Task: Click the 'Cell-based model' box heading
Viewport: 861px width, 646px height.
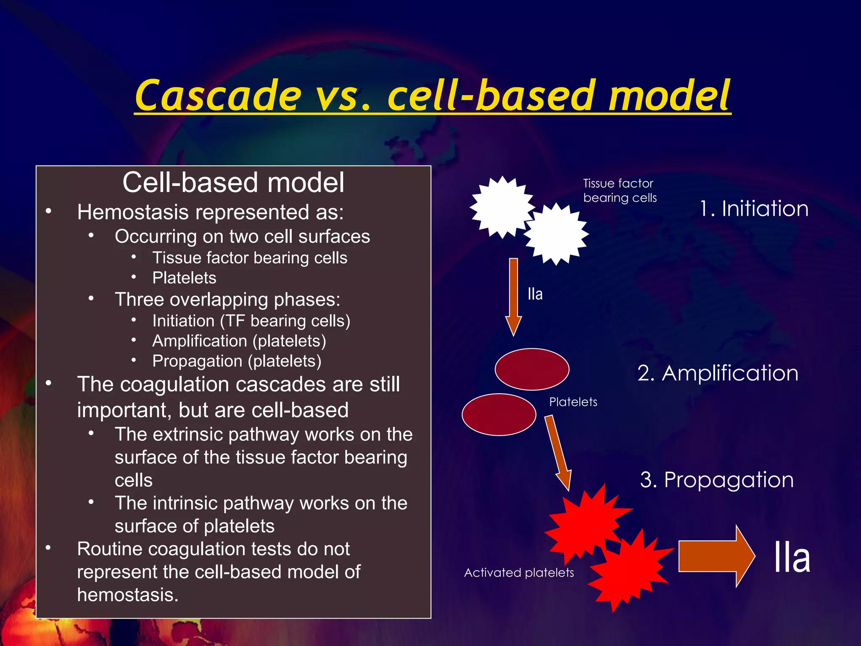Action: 233,183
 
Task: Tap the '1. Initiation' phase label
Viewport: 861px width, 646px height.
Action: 754,209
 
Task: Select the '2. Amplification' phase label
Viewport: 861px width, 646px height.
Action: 718,373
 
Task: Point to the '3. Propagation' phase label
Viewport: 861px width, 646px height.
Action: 717,479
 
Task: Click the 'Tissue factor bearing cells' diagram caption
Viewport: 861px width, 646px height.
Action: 620,191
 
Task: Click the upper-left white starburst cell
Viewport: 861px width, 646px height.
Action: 501,207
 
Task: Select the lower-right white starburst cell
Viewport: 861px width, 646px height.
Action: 556,234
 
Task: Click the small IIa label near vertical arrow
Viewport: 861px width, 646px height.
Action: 535,294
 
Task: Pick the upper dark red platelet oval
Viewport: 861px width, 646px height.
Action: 532,369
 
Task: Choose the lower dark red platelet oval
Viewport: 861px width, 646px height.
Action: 499,414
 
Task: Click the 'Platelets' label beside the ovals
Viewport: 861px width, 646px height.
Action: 573,402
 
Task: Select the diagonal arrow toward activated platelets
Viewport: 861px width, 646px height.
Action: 558,452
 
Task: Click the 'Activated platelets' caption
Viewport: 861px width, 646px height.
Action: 519,573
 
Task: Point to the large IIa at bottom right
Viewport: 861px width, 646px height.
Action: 792,558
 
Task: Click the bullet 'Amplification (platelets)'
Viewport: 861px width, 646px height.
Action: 239,341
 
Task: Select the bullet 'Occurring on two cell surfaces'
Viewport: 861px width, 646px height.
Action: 242,236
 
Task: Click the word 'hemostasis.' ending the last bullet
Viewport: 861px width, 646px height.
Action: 128,595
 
